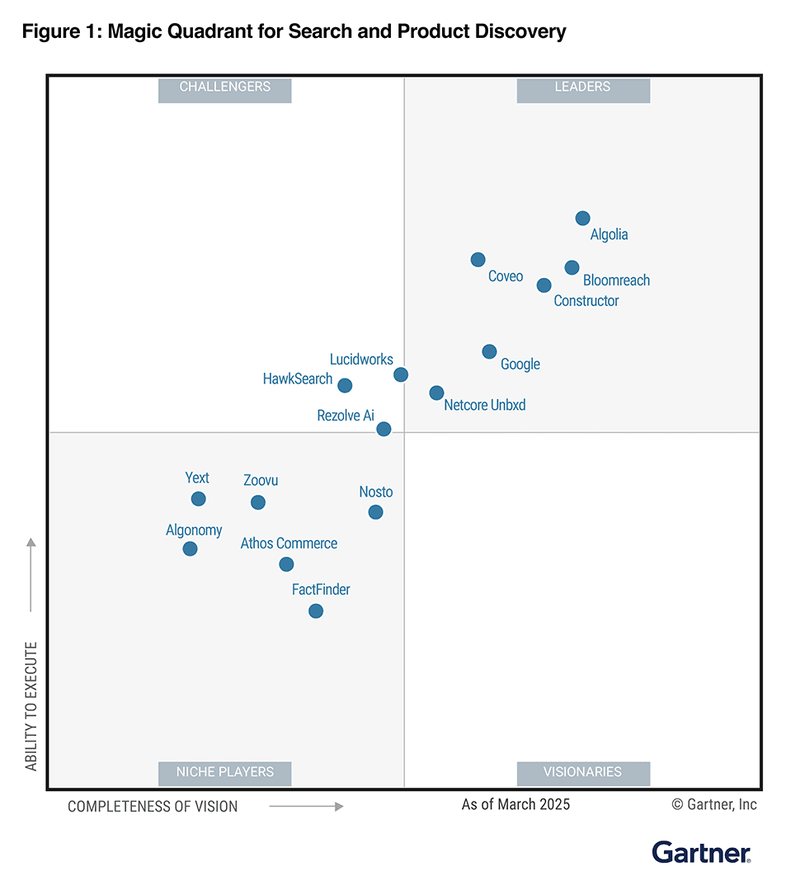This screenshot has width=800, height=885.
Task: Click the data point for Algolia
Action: pos(582,219)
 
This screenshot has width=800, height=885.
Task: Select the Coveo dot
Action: pos(478,260)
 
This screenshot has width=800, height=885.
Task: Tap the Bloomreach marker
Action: pos(572,267)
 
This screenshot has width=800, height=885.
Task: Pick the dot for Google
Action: pos(489,351)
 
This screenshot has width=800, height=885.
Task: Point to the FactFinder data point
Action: pos(315,611)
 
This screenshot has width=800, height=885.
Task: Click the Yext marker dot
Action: pos(198,499)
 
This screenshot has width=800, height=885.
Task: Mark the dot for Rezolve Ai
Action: pos(384,429)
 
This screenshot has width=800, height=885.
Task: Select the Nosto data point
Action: pos(375,512)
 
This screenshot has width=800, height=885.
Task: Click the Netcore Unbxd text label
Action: pos(484,406)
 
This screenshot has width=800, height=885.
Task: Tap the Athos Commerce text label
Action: pos(289,544)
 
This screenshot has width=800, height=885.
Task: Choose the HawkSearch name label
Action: pos(298,379)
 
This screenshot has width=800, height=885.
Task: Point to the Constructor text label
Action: pos(586,301)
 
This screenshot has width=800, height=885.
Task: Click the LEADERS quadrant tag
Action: pos(583,87)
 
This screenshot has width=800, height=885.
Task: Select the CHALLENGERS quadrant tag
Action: pos(224,87)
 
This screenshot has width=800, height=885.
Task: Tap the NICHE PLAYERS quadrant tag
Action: pos(224,773)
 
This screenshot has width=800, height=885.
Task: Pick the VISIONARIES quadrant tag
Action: pos(583,773)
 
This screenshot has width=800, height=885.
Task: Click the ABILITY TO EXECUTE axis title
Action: pos(31,706)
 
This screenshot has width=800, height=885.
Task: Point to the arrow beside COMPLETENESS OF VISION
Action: pos(306,807)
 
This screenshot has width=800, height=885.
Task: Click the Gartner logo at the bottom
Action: pos(701,852)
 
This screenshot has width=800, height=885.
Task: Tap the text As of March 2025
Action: pos(515,804)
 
